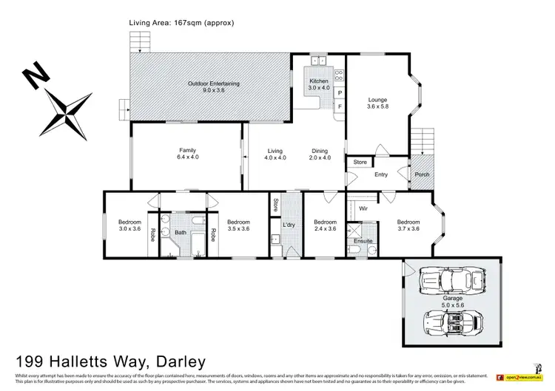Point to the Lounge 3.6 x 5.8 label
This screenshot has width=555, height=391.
click(377, 103)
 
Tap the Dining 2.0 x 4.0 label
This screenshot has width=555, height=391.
click(320, 153)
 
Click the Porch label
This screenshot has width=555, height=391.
click(421, 174)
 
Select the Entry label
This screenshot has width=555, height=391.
click(381, 174)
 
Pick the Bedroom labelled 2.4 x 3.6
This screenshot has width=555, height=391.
click(324, 225)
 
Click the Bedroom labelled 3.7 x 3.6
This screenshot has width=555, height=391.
click(408, 225)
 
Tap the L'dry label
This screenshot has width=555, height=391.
click(289, 225)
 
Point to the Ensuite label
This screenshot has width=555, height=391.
click(363, 240)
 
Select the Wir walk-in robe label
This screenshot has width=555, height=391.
click(363, 209)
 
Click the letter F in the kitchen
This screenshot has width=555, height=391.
click(339, 107)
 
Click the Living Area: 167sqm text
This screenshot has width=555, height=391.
click(181, 23)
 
